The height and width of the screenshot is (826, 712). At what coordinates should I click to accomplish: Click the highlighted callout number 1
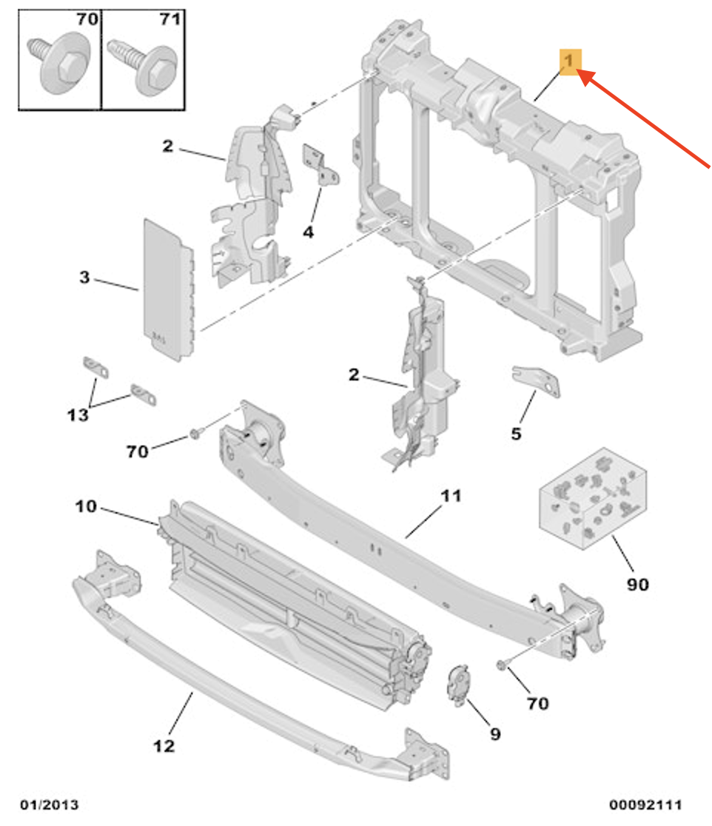point(568,61)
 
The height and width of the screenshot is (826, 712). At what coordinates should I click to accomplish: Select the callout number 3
point(84,277)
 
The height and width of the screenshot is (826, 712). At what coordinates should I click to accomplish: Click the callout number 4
point(309,232)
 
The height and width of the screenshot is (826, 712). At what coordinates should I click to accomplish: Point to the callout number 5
point(516,434)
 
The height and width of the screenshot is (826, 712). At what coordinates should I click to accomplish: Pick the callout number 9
point(495,733)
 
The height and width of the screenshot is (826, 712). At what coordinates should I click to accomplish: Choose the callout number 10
point(86,507)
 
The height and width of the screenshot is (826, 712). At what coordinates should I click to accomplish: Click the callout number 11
point(451,496)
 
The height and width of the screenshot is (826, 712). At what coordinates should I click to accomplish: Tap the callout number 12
point(164,746)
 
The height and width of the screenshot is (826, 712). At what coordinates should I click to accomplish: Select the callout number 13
point(78,415)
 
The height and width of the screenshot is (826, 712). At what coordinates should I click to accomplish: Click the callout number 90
point(638,584)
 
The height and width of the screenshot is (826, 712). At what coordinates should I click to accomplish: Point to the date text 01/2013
point(50,805)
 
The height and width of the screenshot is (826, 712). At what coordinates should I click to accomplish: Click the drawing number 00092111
point(645,805)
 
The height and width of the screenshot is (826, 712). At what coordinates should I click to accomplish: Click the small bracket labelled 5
point(536,381)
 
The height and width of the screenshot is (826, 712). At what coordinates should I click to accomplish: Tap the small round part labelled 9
point(458,684)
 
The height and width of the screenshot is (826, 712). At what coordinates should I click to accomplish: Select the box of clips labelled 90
point(592,499)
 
